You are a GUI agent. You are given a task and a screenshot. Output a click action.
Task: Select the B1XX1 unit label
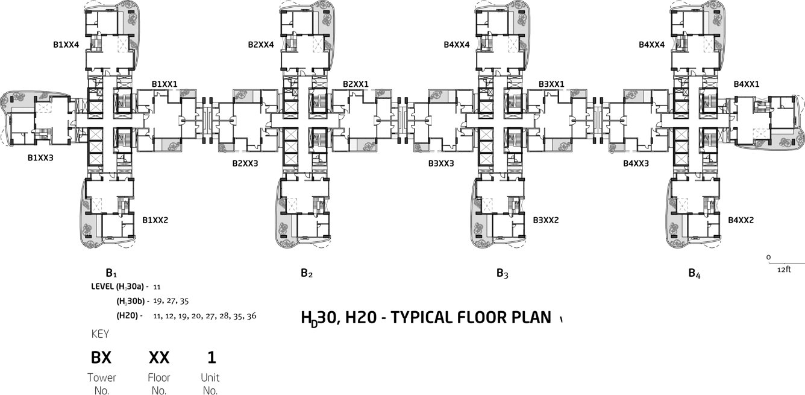click(x=164, y=84)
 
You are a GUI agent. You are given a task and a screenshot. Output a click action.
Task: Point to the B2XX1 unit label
click(x=356, y=84)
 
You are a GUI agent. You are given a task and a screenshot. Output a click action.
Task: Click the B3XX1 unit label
click(x=551, y=84)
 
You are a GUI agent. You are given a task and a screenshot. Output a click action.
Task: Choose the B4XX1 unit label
click(x=747, y=84)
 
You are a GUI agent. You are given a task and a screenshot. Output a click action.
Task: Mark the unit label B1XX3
click(x=41, y=157)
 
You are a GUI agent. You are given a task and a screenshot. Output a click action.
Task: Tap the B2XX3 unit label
click(x=245, y=163)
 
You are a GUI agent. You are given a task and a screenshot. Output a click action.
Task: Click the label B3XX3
click(x=441, y=163)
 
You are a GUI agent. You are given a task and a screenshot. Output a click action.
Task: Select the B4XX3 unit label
click(x=636, y=163)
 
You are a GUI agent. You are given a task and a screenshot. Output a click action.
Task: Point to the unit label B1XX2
click(x=155, y=220)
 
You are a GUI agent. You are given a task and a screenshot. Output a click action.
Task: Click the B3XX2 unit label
click(x=546, y=220)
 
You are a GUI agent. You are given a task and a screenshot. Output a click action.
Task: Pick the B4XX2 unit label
click(x=741, y=220)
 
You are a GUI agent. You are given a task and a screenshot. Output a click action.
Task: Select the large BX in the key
click(x=101, y=358)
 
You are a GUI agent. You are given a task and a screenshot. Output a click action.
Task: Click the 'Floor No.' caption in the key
click(x=159, y=384)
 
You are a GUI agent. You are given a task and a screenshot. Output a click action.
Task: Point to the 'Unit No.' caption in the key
click(x=210, y=384)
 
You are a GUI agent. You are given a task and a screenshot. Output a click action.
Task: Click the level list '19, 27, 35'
click(x=172, y=300)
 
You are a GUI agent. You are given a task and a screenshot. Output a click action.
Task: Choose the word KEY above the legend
click(x=100, y=333)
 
